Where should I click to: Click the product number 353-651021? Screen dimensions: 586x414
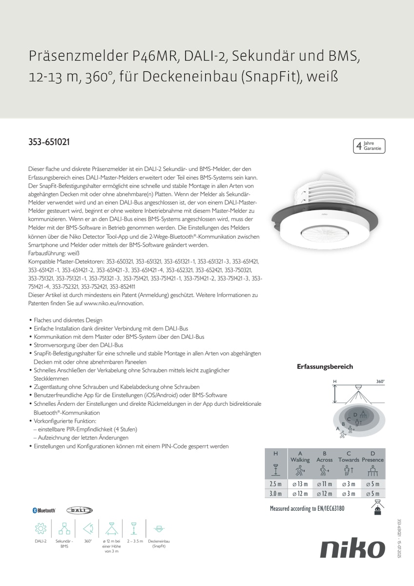pyautogui.click(x=49, y=143)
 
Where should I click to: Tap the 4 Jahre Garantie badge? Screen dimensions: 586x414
pyautogui.click(x=369, y=146)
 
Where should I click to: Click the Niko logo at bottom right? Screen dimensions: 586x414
pyautogui.click(x=353, y=549)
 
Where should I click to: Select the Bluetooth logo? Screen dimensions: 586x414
pyautogui.click(x=44, y=510)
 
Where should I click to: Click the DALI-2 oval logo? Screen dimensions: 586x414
pyautogui.click(x=79, y=510)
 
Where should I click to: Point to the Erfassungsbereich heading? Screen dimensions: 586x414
pyautogui.click(x=325, y=367)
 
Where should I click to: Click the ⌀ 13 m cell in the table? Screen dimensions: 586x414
pyautogui.click(x=300, y=484)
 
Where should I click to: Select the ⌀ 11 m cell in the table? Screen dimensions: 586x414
pyautogui.click(x=324, y=484)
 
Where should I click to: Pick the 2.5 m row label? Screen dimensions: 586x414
pyautogui.click(x=276, y=484)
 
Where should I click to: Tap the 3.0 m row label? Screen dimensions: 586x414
pyautogui.click(x=276, y=494)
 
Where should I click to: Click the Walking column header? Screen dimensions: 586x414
pyautogui.click(x=300, y=460)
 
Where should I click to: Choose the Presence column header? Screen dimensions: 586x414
pyautogui.click(x=373, y=460)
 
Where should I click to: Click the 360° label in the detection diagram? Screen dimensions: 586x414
pyautogui.click(x=380, y=381)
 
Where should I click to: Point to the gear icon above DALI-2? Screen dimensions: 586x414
pyautogui.click(x=40, y=528)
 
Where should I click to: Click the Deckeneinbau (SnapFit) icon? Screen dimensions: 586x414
pyautogui.click(x=158, y=528)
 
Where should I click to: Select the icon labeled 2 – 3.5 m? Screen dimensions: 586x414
pyautogui.click(x=133, y=528)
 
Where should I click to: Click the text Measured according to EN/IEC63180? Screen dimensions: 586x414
pyautogui.click(x=307, y=509)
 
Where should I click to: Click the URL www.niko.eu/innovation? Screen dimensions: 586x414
pyautogui.click(x=114, y=303)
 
